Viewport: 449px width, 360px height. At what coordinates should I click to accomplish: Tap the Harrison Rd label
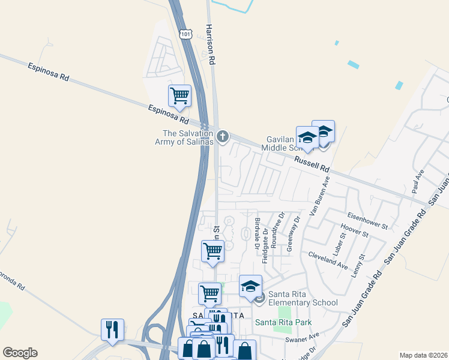click(210, 45)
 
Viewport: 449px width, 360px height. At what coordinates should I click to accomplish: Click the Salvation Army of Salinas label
click(188, 137)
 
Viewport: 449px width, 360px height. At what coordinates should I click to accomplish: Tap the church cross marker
click(223, 137)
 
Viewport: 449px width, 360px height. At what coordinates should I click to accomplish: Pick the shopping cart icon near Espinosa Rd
click(179, 96)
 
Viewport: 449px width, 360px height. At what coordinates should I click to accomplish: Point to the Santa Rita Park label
click(283, 322)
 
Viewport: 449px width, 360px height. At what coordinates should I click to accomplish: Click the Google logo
click(20, 353)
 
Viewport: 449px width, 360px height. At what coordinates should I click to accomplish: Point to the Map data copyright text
click(423, 355)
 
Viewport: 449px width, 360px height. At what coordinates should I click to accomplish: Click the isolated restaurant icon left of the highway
click(112, 330)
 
